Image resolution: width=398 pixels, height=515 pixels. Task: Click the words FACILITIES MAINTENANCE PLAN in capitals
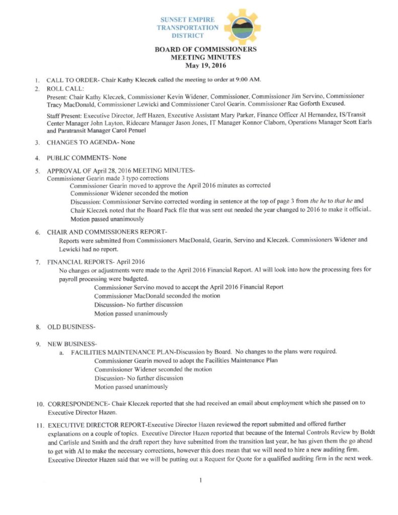[x=122, y=352]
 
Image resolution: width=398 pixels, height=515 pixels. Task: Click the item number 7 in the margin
[x=38, y=262]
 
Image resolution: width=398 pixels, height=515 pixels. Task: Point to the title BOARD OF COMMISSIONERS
[x=205, y=49]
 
